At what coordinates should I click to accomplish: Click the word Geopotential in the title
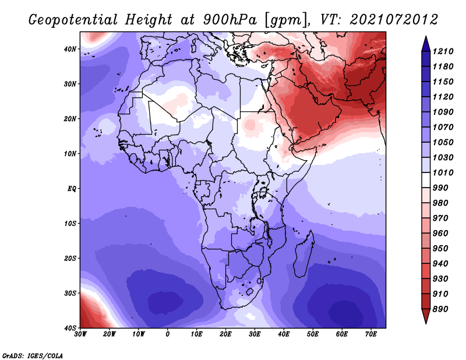(73, 20)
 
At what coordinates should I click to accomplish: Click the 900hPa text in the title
(230, 20)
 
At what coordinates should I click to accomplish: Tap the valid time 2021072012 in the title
(394, 20)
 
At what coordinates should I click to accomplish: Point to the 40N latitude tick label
(70, 49)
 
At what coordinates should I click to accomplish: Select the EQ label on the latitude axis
(72, 189)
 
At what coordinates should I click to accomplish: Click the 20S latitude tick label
(70, 258)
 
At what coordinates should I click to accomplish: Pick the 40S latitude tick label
(70, 328)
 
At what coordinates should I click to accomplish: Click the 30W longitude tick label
(80, 334)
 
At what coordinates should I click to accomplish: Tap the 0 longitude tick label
(168, 334)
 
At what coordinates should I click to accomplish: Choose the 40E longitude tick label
(284, 334)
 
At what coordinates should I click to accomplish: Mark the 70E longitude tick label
(370, 334)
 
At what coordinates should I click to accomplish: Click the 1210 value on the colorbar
(443, 51)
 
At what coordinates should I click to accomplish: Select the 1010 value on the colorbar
(443, 172)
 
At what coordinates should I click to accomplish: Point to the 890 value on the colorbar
(440, 309)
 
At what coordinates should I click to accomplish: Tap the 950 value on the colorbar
(440, 249)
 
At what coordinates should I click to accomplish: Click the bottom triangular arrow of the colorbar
(426, 316)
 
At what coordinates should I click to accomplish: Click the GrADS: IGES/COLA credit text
(33, 355)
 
